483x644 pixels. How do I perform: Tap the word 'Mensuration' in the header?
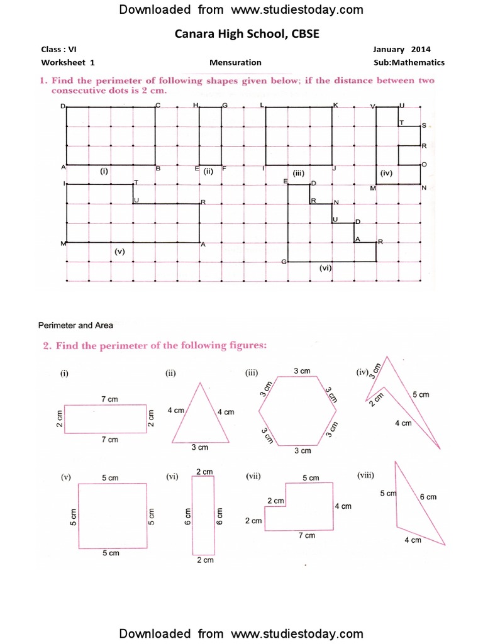point(235,62)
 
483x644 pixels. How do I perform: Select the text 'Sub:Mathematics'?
point(409,62)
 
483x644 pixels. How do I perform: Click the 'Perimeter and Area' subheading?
point(75,325)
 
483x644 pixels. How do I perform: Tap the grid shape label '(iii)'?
point(298,172)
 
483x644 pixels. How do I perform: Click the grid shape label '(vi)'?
point(325,267)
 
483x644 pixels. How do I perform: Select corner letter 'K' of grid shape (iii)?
point(336,104)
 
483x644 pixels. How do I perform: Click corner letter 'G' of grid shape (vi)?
point(284,262)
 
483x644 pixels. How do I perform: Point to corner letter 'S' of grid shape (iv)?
point(424,126)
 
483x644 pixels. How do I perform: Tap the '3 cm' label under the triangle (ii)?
point(199,447)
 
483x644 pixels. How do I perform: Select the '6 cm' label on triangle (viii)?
point(428,497)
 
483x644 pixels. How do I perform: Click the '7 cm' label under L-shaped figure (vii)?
point(306,535)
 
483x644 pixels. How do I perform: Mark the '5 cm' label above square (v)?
point(110,478)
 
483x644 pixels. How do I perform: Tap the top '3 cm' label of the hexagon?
point(302,372)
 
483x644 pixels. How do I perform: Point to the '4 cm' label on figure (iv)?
point(403,423)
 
